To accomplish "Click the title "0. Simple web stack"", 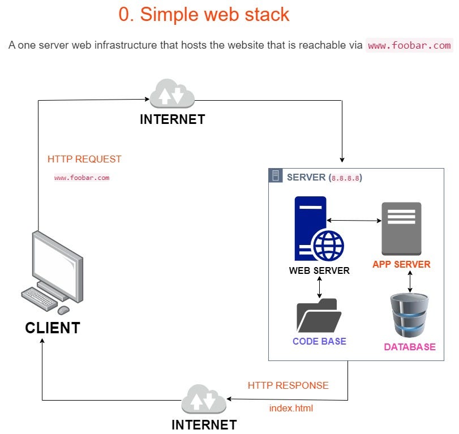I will click(204, 15).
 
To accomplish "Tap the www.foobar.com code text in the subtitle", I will click(409, 45).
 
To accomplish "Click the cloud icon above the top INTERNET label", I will click(172, 94).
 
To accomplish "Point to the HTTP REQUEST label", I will click(84, 159).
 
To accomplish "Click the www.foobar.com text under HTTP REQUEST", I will click(81, 178).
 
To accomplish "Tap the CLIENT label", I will click(53, 328).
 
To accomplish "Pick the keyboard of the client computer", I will click(39, 299).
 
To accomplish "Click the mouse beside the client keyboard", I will click(63, 310).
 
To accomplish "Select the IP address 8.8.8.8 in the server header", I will click(345, 178).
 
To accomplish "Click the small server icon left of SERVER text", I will click(276, 177).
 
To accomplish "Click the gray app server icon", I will click(401, 228).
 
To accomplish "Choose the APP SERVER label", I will click(401, 264).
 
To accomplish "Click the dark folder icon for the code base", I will click(319, 316).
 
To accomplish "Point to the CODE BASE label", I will click(319, 341).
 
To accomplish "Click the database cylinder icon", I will click(410, 315).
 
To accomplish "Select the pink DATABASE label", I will click(410, 347).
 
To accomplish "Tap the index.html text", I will click(291, 408).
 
